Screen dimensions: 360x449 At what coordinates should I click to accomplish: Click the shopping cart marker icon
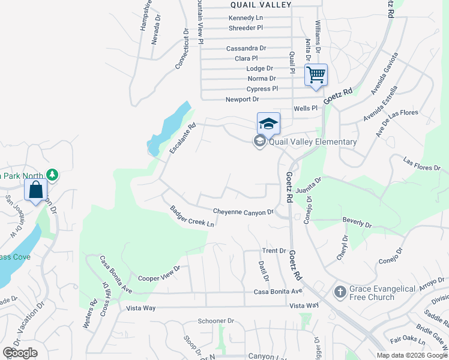(x=316, y=75)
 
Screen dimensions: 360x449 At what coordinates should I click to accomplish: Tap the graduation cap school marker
(x=268, y=124)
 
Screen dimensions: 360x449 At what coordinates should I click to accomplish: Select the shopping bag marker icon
(x=36, y=190)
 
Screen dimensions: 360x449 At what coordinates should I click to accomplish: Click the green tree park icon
(x=53, y=175)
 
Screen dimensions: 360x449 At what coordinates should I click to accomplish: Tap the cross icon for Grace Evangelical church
(x=340, y=293)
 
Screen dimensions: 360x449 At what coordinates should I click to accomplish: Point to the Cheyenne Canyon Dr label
(x=243, y=212)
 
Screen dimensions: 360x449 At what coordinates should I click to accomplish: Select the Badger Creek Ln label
(x=192, y=217)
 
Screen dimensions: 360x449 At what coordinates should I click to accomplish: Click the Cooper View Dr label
(x=159, y=274)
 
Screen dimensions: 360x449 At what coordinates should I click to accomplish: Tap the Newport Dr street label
(x=242, y=99)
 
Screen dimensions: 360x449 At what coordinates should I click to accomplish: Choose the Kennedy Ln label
(x=246, y=18)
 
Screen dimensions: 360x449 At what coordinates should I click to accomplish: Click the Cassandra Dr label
(x=246, y=48)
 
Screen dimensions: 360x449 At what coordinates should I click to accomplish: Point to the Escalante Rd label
(x=182, y=139)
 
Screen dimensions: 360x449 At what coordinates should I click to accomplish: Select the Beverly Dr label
(x=357, y=222)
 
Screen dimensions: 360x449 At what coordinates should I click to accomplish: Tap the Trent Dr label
(x=274, y=250)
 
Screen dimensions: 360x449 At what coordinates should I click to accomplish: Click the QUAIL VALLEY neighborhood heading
(x=261, y=5)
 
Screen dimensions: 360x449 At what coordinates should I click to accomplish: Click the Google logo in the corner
(x=20, y=353)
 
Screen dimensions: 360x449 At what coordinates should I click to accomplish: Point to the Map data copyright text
(x=412, y=355)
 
